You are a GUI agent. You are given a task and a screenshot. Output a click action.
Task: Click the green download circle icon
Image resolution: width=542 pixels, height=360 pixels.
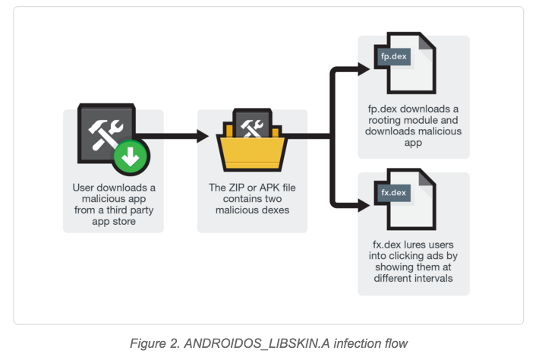coord(131,157)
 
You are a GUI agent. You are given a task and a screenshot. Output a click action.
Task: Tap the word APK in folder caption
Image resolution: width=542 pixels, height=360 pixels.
coord(272,187)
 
